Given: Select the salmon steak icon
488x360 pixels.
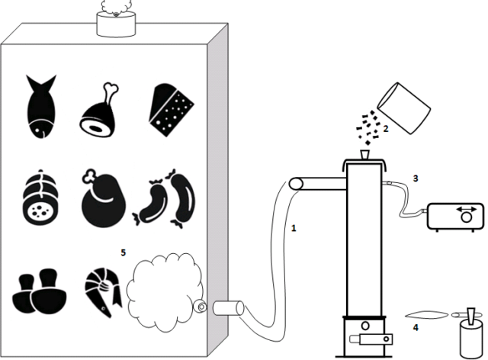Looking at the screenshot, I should [x=105, y=289].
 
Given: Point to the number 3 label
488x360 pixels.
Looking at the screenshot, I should [x=415, y=178].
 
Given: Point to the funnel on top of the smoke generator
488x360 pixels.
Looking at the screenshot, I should [x=363, y=156].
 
